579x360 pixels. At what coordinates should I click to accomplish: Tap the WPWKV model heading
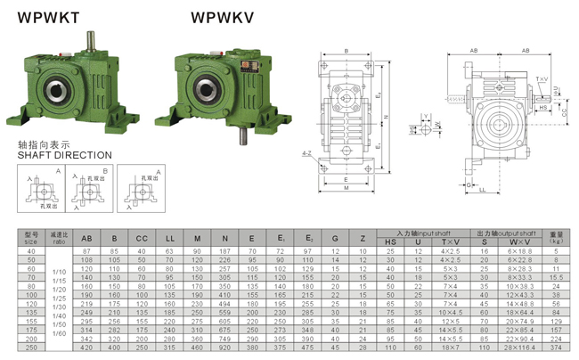(x=220, y=16)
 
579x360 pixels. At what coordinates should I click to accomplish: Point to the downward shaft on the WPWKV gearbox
(x=241, y=135)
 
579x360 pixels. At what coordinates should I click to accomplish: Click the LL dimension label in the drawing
(x=481, y=188)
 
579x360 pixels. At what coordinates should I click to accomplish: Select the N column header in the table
(x=225, y=239)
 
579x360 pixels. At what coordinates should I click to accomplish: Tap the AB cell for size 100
(x=86, y=294)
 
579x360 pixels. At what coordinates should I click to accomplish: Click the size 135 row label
(x=32, y=312)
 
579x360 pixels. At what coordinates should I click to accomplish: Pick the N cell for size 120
(x=225, y=304)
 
